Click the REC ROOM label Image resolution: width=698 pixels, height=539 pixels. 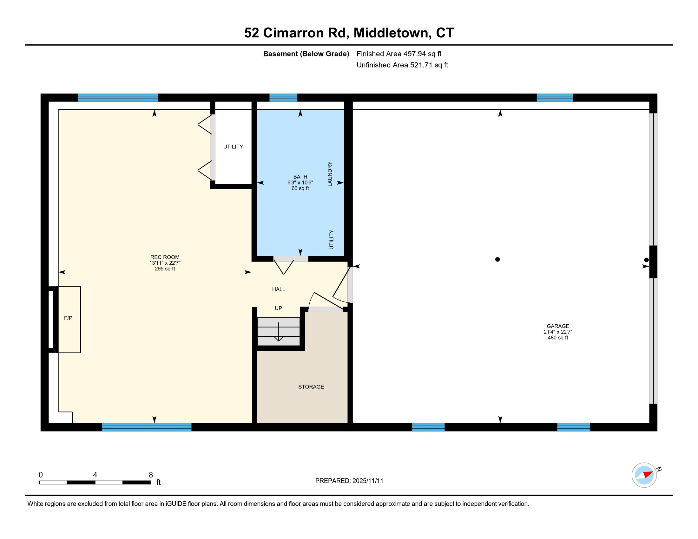pyautogui.click(x=165, y=257)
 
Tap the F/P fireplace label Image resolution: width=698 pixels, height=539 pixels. pyautogui.click(x=68, y=318)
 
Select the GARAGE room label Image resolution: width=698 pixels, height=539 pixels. pyautogui.click(x=558, y=326)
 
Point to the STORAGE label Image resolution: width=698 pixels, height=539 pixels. pyautogui.click(x=311, y=387)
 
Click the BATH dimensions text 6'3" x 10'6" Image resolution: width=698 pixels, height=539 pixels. pyautogui.click(x=300, y=183)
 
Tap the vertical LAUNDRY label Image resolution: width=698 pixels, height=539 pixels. pyautogui.click(x=330, y=174)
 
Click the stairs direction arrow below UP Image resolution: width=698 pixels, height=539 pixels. pyautogui.click(x=279, y=332)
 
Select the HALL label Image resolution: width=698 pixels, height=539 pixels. pyautogui.click(x=278, y=289)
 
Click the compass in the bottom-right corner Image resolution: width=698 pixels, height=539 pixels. pyautogui.click(x=644, y=475)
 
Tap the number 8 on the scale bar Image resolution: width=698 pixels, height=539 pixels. pyautogui.click(x=151, y=475)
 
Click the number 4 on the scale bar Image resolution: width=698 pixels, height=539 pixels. pyautogui.click(x=95, y=475)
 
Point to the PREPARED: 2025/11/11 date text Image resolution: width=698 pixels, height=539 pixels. pyautogui.click(x=349, y=481)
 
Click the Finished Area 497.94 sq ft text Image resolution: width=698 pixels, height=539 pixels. pyautogui.click(x=399, y=54)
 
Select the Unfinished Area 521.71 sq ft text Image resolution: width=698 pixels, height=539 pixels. pyautogui.click(x=402, y=65)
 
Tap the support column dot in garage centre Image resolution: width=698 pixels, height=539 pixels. pyautogui.click(x=497, y=259)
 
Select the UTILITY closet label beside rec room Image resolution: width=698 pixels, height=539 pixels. pyautogui.click(x=233, y=147)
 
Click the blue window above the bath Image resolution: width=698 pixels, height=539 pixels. pyautogui.click(x=283, y=97)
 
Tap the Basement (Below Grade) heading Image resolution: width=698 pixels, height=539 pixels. pyautogui.click(x=306, y=54)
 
